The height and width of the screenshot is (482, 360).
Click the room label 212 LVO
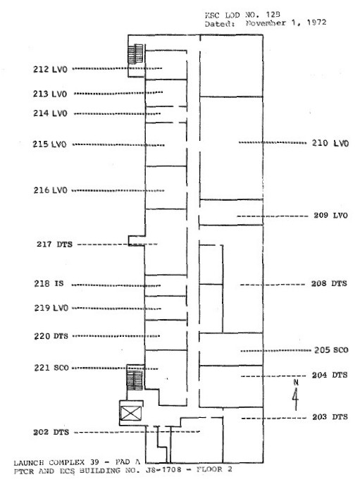tap(50, 69)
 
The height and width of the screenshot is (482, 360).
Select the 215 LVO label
tap(49, 144)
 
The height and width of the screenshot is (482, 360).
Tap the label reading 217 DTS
tap(54, 245)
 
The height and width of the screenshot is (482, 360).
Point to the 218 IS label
tap(49, 283)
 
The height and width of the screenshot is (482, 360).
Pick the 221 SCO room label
tap(51, 368)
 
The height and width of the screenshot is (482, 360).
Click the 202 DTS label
tap(51, 432)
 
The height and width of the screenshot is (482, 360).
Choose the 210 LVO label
tap(330, 143)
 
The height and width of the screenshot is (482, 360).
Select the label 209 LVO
tap(330, 215)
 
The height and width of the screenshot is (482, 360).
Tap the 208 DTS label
tap(329, 283)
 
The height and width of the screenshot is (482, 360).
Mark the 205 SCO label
tap(331, 350)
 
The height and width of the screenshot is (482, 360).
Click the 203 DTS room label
tap(330, 417)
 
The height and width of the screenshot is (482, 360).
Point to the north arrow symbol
tap(295, 395)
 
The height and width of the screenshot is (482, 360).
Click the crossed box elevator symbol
tap(130, 414)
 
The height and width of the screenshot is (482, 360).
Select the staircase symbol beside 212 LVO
tap(135, 54)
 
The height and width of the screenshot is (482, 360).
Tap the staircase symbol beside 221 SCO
tap(135, 380)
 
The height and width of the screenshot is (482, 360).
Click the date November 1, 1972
tap(286, 23)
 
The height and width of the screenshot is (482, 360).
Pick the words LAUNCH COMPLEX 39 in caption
tap(56, 462)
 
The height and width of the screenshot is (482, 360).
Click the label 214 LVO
tap(50, 113)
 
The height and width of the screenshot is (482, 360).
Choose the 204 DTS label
tap(330, 375)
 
